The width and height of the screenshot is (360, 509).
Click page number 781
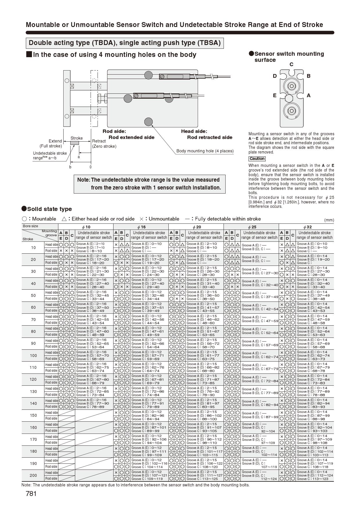tap(31, 494)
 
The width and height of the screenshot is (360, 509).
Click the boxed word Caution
tap(257, 159)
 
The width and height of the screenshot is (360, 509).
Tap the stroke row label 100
tap(33, 355)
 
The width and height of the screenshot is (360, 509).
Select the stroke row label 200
tap(33, 475)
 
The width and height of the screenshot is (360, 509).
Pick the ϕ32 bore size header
tap(307, 227)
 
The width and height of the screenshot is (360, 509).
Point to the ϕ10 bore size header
tap(86, 227)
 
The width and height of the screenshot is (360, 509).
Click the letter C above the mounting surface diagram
tap(291, 64)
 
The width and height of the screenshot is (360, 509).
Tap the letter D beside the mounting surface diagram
tap(275, 76)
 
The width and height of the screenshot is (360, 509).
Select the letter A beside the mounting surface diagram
tap(309, 95)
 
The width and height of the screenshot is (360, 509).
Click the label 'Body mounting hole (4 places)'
tap(205, 151)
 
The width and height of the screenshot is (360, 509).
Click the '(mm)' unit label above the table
tap(329, 220)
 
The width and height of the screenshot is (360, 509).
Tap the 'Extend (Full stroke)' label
tap(51, 143)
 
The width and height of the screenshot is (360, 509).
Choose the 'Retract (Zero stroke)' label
tap(104, 143)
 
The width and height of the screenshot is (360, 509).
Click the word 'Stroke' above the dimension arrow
tap(77, 138)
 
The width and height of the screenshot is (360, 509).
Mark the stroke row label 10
tap(33, 248)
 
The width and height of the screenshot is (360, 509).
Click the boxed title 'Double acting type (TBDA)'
tap(125, 43)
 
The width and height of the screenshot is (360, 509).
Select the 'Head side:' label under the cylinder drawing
tap(194, 131)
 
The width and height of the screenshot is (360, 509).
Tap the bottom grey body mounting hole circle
tap(148, 122)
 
